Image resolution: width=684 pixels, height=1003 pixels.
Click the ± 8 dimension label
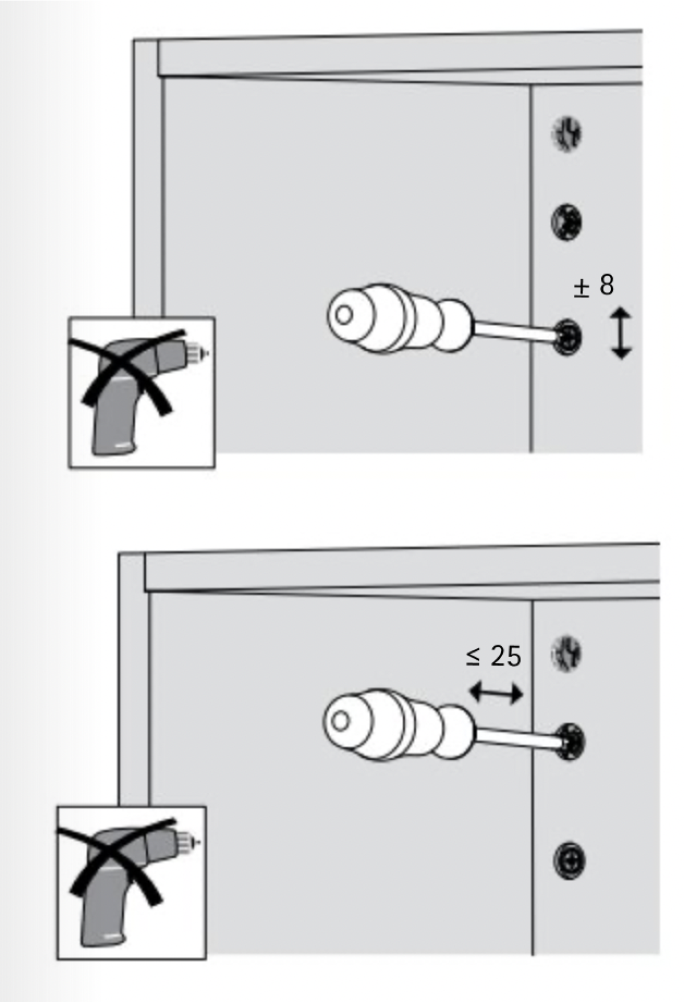tap(593, 286)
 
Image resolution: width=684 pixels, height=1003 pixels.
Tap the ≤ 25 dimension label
tap(494, 656)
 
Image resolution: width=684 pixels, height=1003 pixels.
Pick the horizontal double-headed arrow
tap(495, 693)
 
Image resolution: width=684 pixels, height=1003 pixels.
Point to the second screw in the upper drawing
tap(567, 221)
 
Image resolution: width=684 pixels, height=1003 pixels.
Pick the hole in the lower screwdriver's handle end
tap(341, 721)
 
